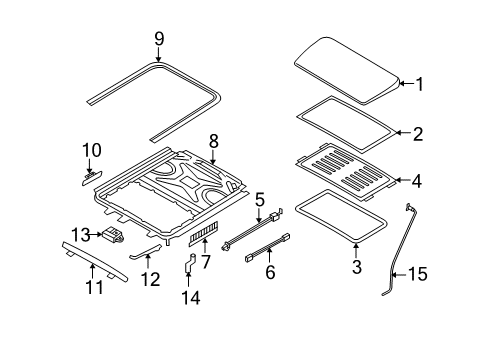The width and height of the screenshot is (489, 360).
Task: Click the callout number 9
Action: [x=159, y=39]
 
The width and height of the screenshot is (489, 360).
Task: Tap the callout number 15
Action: [x=418, y=274]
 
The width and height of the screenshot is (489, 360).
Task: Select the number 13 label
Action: [x=81, y=235]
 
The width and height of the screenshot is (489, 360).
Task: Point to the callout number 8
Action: [x=214, y=141]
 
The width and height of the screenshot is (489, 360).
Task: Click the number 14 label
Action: [x=191, y=298]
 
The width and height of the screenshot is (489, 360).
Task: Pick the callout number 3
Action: [x=357, y=267]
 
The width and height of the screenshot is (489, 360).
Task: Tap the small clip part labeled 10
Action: [x=92, y=176]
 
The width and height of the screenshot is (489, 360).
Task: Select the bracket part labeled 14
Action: [x=190, y=263]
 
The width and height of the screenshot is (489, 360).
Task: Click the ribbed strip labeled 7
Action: [x=203, y=233]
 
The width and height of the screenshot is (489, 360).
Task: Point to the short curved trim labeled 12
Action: [x=145, y=251]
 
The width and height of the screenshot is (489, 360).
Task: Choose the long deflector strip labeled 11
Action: [x=94, y=261]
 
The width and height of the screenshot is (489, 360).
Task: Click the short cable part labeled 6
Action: [x=268, y=247]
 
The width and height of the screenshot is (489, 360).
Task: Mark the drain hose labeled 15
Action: [x=399, y=250]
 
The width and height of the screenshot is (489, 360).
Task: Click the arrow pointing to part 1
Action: [x=406, y=83]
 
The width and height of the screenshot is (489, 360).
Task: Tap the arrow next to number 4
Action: [x=403, y=180]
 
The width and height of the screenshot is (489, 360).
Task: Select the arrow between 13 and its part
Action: [x=96, y=235]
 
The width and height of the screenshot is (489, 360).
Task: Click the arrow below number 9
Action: [x=159, y=54]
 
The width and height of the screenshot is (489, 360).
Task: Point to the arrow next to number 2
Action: [x=404, y=133]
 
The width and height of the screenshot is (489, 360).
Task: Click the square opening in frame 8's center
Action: [x=188, y=181]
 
